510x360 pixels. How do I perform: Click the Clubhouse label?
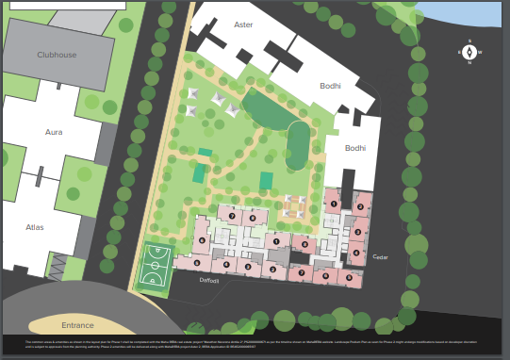click(x=57, y=55)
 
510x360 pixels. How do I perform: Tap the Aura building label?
click(x=54, y=133)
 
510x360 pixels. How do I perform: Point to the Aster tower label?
click(x=243, y=25)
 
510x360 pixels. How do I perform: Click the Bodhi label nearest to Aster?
click(x=329, y=85)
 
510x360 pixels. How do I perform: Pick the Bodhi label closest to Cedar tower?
click(x=354, y=148)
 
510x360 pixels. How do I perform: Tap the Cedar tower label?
click(x=380, y=256)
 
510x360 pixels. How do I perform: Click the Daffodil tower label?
click(x=208, y=280)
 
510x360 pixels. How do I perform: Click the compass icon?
click(x=469, y=52)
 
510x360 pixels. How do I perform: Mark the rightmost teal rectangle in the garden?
click(x=267, y=180)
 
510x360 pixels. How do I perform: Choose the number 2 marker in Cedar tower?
click(x=359, y=207)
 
